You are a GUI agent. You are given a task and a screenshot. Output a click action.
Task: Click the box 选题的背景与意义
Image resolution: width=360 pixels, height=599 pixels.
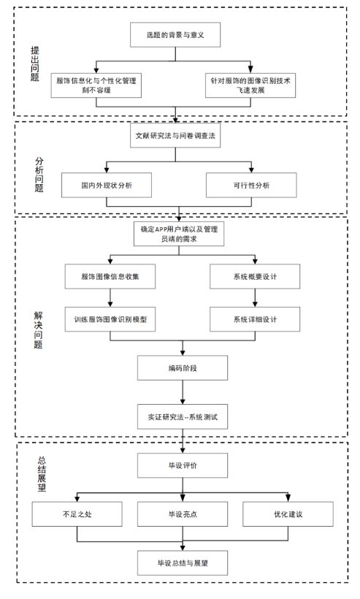175,35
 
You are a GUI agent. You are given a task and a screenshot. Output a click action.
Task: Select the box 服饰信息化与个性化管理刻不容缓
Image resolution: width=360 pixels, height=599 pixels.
96,85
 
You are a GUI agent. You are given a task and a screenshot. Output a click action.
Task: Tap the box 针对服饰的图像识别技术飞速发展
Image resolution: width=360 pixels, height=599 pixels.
250,85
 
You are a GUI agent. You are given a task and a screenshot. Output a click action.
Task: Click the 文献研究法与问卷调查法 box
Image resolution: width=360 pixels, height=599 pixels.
175,135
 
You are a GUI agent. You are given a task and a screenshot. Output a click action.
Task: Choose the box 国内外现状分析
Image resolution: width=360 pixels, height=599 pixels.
107,186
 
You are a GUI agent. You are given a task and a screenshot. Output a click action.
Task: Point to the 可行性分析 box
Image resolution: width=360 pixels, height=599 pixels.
251,186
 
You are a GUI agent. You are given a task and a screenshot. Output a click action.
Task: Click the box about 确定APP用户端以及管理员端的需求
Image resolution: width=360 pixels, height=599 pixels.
179,234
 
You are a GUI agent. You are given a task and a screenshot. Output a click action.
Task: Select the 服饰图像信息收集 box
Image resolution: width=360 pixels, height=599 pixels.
110,276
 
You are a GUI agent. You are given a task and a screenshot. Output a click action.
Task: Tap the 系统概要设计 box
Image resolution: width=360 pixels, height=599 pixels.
255,276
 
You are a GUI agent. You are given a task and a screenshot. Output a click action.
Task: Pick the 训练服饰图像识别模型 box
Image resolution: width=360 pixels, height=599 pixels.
110,319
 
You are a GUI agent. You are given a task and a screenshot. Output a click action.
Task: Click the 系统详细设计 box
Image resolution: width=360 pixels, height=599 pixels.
255,319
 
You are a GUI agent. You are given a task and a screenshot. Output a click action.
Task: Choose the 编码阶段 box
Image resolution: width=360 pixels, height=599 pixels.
183,368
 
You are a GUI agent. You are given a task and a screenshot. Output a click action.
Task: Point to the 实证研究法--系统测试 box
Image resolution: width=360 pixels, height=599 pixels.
183,417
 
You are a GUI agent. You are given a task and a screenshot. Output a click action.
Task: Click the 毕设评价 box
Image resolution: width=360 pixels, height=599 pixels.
183,465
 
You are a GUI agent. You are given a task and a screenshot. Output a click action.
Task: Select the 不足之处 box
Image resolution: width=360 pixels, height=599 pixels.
77,514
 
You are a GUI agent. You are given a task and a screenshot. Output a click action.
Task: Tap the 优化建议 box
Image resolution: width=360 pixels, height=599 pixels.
288,514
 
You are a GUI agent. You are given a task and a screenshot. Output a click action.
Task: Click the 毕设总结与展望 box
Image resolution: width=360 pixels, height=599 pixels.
183,562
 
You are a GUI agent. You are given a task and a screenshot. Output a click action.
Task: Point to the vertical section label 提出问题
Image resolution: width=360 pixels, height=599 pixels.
35,64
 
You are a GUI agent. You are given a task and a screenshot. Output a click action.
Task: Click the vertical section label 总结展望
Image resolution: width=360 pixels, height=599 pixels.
42,473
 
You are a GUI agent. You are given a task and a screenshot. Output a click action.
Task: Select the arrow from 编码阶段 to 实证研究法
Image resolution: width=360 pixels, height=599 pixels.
183,392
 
